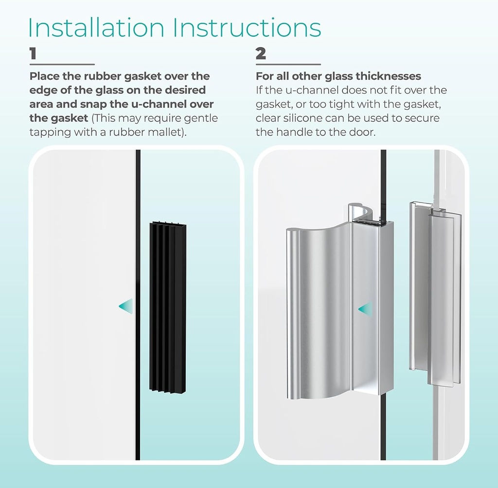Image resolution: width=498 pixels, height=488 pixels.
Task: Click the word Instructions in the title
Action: tap(248, 28)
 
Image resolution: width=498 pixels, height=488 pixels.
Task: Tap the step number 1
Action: tap(33, 53)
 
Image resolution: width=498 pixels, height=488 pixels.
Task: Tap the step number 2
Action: tap(261, 53)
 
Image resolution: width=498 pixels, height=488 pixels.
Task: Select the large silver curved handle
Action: tap(331, 311)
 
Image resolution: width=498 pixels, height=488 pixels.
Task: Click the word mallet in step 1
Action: tap(164, 133)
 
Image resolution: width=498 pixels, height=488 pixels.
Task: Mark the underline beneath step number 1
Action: tap(62, 64)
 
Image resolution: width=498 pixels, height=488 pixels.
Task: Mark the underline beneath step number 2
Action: tap(288, 64)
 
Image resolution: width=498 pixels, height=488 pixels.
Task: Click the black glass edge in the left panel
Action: tap(138, 388)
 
